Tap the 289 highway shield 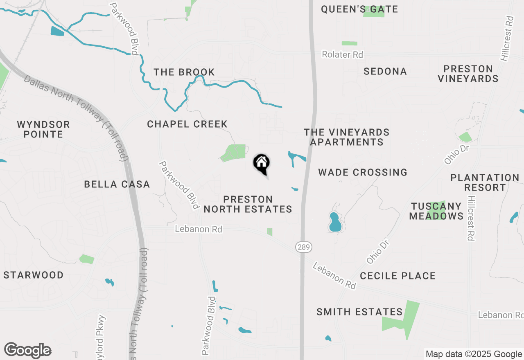303,247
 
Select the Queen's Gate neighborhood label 359,9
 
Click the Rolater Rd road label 342,54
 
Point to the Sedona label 385,71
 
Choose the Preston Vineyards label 468,74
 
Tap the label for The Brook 184,72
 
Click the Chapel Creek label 187,124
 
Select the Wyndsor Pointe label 43,129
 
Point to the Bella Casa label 117,184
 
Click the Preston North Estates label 248,204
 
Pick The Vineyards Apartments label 346,137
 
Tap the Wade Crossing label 363,172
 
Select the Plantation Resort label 485,182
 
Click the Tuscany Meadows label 436,211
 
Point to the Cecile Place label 398,276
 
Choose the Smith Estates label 359,312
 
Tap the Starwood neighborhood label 34,275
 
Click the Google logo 28,351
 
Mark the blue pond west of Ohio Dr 335,222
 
